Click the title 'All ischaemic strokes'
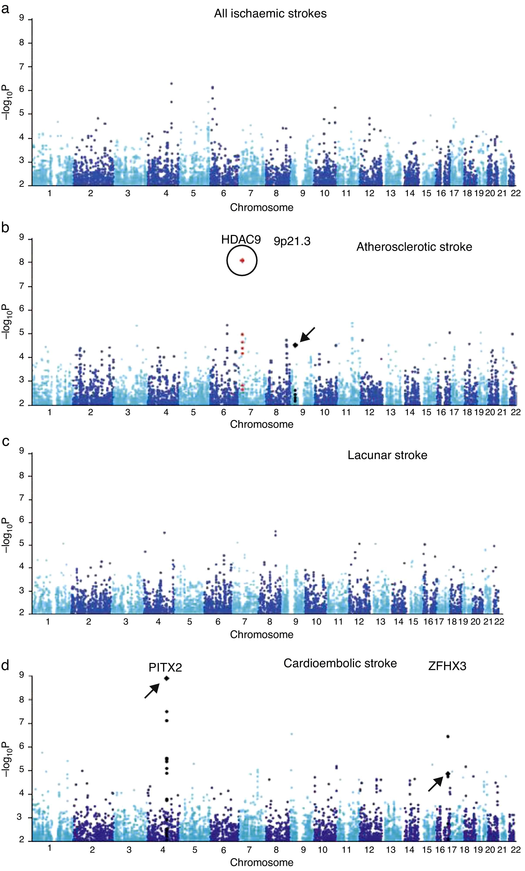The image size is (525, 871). tap(270, 14)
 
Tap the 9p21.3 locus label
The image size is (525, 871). tap(292, 241)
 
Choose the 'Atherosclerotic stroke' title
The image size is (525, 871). tap(414, 247)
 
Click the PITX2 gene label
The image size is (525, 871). tap(165, 667)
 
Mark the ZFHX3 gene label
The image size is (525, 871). tap(447, 666)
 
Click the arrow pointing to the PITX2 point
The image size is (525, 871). tap(152, 690)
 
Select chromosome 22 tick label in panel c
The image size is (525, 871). tap(499, 621)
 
